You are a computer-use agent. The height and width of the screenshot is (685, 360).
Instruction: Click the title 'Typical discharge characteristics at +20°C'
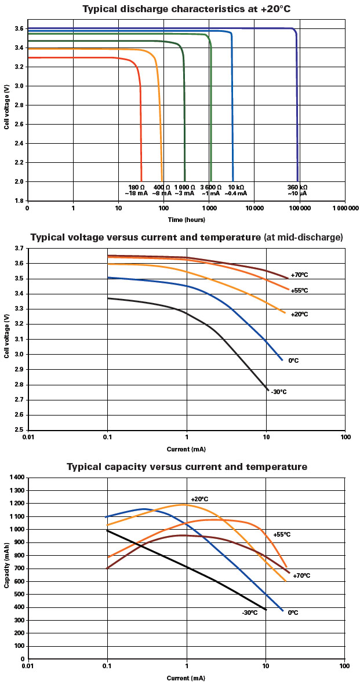(180, 9)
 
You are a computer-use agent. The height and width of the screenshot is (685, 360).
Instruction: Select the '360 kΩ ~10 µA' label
(297, 190)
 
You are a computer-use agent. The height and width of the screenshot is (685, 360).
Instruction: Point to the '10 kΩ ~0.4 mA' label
(235, 190)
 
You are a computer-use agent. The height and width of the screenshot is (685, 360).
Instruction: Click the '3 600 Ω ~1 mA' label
(210, 190)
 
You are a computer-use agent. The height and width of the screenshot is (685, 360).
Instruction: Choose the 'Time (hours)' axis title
(186, 220)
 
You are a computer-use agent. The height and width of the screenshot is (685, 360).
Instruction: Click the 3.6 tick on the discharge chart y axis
(19, 28)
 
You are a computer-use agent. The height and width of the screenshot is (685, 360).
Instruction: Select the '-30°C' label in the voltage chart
(278, 392)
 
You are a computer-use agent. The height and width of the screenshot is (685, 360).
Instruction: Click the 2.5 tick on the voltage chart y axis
(19, 430)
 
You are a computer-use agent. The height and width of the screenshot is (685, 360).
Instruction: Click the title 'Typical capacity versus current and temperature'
(187, 467)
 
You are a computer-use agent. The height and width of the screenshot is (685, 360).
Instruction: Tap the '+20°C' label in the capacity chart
(199, 499)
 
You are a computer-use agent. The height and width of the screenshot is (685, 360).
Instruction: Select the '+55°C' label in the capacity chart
(282, 534)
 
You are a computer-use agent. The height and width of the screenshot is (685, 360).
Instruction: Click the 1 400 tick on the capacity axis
(16, 478)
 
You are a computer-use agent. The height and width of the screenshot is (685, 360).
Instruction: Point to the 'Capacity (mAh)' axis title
(6, 568)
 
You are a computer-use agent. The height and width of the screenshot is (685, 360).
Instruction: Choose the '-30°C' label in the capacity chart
(250, 612)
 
